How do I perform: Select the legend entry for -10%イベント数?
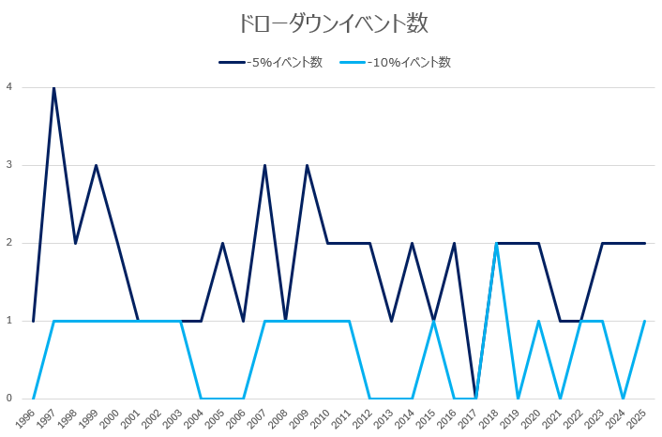click(409, 63)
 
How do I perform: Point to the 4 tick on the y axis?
click(8, 87)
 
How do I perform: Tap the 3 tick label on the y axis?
click(8, 165)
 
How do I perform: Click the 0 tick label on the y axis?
click(8, 399)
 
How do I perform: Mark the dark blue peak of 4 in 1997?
click(53, 87)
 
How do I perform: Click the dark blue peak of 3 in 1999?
click(96, 165)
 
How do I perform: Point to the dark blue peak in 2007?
click(264, 165)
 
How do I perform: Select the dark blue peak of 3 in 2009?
click(307, 165)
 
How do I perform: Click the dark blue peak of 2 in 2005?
click(222, 243)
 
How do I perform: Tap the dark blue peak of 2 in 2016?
click(454, 243)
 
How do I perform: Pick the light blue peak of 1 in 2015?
click(433, 321)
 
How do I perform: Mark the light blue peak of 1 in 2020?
click(538, 321)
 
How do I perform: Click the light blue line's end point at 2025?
click(644, 321)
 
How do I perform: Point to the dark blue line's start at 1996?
click(33, 321)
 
